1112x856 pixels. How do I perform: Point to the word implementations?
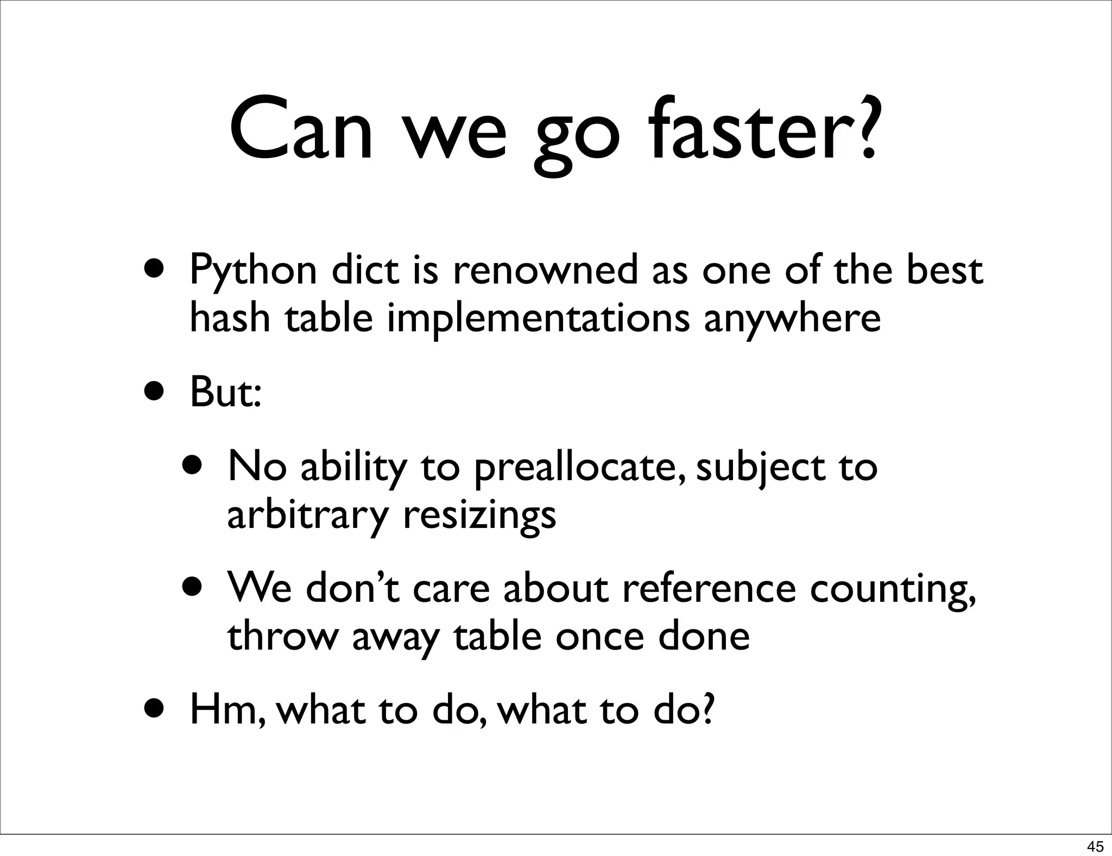pyautogui.click(x=538, y=319)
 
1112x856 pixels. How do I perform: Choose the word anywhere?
pyautogui.click(x=792, y=319)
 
